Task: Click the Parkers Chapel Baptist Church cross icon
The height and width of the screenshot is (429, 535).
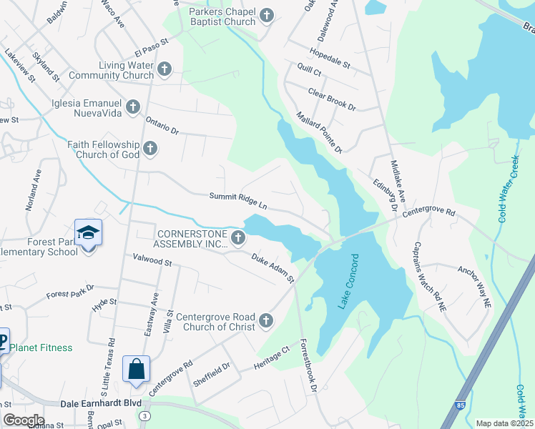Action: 266,15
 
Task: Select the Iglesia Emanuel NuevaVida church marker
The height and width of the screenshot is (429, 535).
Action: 132,107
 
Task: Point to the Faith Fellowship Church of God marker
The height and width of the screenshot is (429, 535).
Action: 149,149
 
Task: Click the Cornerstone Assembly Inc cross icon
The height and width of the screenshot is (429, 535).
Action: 239,238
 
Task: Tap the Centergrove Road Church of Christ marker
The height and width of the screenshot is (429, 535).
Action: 266,320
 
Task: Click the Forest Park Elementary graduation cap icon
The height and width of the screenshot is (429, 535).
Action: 88,233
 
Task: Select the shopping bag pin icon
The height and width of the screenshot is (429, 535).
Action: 136,370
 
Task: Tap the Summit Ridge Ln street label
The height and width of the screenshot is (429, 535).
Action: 237,199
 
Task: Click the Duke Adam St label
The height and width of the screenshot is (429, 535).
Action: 272,266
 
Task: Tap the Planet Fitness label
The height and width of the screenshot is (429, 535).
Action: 41,347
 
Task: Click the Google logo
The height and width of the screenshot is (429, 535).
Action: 23,420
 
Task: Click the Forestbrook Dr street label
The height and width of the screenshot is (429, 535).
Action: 308,364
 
